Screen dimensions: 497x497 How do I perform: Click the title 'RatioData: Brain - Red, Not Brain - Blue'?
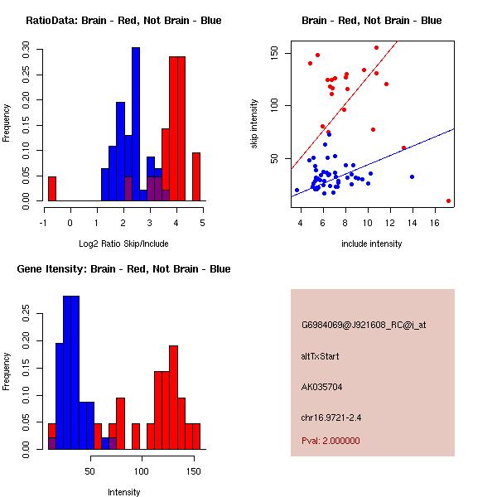pos(123,21)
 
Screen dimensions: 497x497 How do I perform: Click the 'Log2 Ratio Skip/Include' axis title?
pos(123,244)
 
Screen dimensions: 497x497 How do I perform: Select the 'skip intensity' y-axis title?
pos(255,124)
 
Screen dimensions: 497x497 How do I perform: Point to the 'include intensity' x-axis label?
pos(372,244)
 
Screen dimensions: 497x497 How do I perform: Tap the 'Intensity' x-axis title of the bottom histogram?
pos(123,492)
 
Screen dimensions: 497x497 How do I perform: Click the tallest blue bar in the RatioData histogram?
pos(136,124)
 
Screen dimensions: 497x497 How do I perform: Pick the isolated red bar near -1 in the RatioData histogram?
pos(52,189)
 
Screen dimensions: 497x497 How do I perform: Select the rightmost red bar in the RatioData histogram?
pos(196,177)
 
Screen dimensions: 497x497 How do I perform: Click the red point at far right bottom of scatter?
pos(448,200)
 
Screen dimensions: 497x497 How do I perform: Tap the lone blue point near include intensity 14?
pos(412,176)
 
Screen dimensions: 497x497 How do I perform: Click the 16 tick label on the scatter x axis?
pos(435,223)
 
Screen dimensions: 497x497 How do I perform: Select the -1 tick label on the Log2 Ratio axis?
pos(44,223)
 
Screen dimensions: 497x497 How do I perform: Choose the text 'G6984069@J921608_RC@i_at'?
pos(364,326)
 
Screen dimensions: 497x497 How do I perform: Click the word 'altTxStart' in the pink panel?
pos(320,356)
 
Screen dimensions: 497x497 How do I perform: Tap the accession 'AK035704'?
pos(322,386)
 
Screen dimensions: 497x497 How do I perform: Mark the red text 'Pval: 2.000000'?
pos(331,441)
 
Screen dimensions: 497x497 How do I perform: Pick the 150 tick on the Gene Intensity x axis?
pos(193,471)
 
